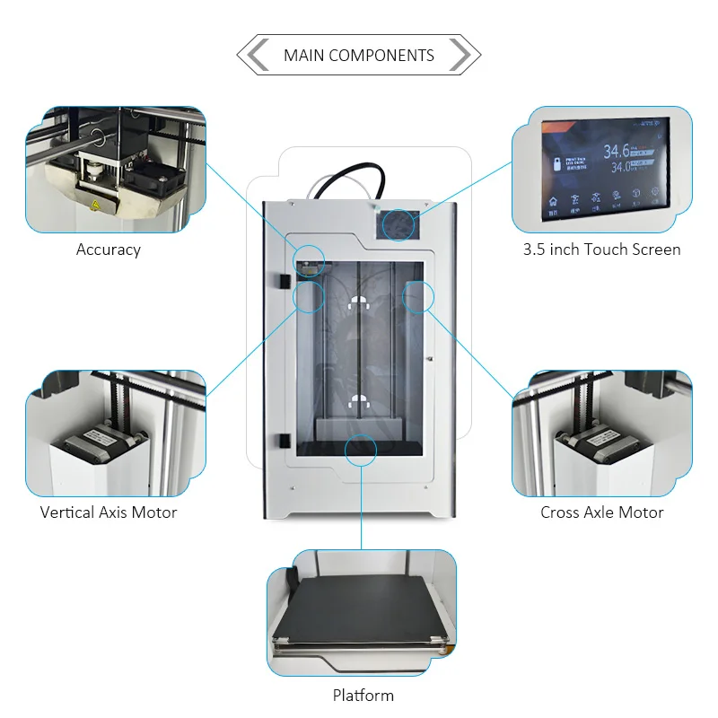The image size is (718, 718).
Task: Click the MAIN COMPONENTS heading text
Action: coord(359,56)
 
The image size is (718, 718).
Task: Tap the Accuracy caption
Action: coord(109,250)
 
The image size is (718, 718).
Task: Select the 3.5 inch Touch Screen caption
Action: coord(602,250)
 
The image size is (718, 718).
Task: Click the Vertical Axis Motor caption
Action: coord(109,512)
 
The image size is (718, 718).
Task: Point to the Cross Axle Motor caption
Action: coord(602,512)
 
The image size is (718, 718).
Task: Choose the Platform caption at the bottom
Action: coord(363,695)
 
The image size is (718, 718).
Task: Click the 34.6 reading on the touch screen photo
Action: coord(617,152)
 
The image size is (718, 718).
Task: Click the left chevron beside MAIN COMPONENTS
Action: coord(258,56)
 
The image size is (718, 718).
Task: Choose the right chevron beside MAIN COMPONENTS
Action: coord(459,56)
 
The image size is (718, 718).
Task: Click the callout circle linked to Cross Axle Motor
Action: coord(419,296)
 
